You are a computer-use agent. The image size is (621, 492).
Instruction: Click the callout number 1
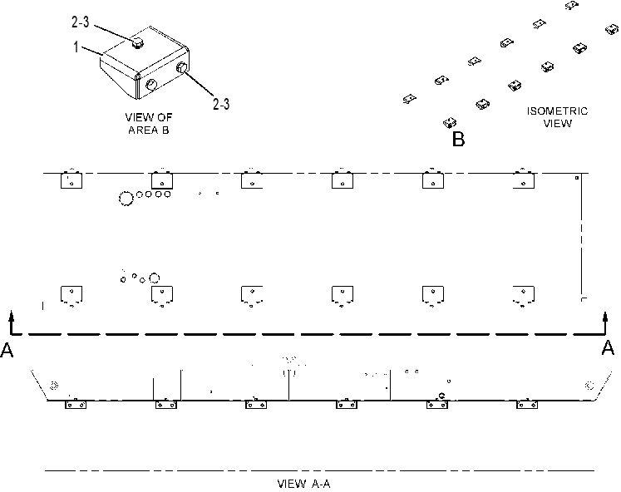coord(76,47)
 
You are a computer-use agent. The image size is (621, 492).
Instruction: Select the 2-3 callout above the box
coord(81,22)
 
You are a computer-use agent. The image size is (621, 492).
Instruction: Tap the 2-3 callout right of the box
coord(221,104)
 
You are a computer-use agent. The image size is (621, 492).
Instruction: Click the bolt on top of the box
coord(137,43)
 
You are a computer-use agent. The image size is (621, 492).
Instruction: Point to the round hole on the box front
coord(151,84)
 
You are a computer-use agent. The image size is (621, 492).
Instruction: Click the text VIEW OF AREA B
coord(149,124)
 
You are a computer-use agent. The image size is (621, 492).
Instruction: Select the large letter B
coord(458,139)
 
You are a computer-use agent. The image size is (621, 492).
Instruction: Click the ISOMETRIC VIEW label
coord(557,117)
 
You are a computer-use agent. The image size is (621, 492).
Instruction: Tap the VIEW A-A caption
coord(303,484)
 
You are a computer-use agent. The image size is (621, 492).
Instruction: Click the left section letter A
coord(7,350)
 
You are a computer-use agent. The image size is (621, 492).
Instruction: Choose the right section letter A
coord(608,348)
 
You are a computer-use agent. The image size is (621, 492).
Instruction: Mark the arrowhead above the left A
coord(12,315)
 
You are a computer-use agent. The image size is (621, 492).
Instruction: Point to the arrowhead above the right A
coord(605,317)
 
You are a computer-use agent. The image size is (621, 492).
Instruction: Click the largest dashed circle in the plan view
coord(126,199)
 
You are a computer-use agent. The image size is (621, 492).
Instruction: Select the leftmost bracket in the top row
coord(71,180)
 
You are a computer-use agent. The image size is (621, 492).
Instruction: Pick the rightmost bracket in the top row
coord(524,180)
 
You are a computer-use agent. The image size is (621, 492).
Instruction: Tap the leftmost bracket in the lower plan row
coord(71,296)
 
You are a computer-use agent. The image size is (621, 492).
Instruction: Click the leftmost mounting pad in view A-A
coord(76,405)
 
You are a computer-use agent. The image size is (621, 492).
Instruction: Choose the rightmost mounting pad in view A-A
coord(527,405)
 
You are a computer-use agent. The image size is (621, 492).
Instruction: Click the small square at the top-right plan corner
coord(577,178)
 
